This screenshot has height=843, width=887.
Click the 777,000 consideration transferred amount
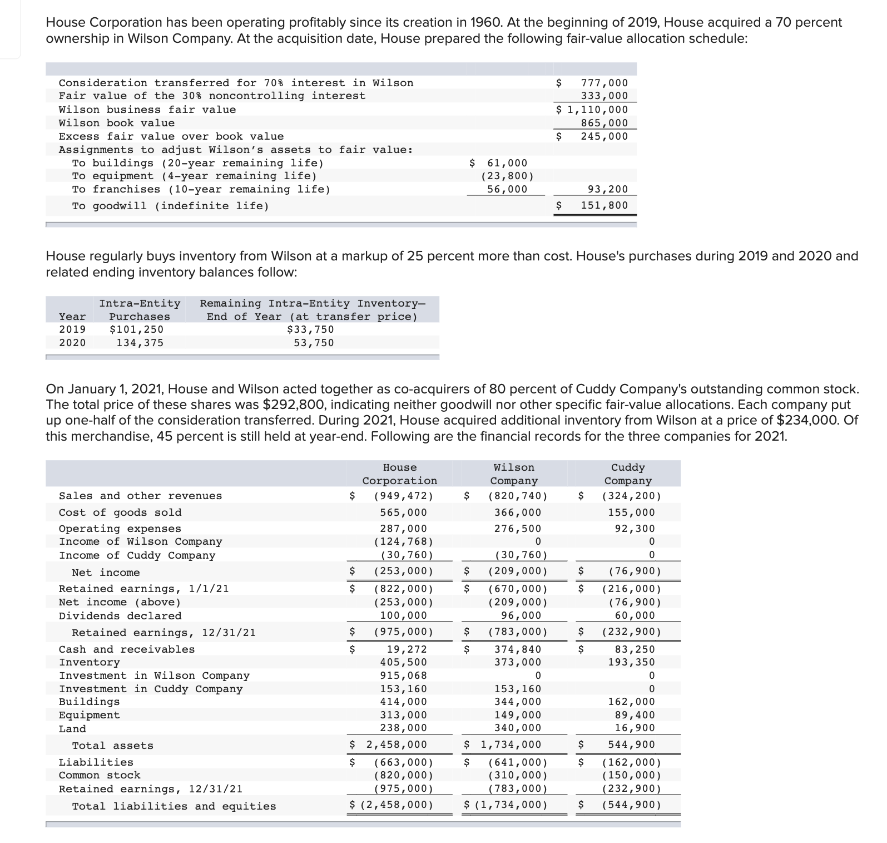604,83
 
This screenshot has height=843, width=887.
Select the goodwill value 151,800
604,205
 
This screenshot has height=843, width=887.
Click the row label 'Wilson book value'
117,123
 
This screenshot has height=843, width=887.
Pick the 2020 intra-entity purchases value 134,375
140,343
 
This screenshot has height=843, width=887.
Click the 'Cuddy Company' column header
628,474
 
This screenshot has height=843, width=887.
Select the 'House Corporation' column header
400,474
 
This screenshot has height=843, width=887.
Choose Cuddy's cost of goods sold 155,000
631,512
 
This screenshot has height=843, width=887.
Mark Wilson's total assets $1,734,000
506,745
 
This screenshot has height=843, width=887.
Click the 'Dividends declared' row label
120,616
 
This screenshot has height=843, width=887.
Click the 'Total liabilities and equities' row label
174,806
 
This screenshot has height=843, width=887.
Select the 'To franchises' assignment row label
201,189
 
